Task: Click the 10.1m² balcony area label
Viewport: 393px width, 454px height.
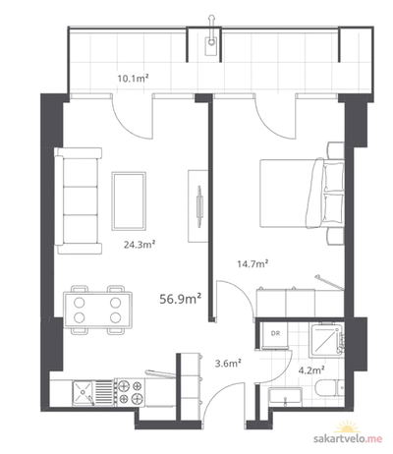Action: [x=133, y=78]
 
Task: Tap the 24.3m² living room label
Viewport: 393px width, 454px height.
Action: [x=139, y=245]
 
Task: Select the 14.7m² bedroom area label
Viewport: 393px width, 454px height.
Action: [x=253, y=263]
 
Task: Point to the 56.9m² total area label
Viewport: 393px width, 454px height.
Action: [x=180, y=299]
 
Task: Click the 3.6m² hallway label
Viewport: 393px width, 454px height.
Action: [x=228, y=363]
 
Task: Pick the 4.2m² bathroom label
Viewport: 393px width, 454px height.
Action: [x=311, y=370]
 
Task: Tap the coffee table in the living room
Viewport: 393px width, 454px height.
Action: [x=129, y=200]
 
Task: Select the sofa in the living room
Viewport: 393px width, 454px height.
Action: [x=78, y=200]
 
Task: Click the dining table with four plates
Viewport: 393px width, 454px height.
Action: [x=98, y=310]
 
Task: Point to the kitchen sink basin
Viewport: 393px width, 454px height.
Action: [x=84, y=392]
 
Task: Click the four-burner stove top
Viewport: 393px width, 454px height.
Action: [x=130, y=392]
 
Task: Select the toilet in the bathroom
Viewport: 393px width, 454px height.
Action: [x=329, y=391]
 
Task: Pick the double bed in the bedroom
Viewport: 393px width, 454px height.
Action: [x=302, y=193]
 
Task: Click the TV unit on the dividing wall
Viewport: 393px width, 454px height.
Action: [x=197, y=206]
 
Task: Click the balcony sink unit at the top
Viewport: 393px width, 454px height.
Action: [x=212, y=42]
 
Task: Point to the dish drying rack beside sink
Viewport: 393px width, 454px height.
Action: [x=104, y=392]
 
